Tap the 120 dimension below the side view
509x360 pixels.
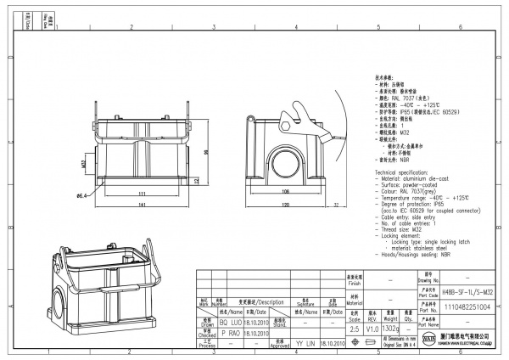(x=286, y=205)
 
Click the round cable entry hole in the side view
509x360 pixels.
(x=286, y=160)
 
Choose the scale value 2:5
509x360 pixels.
(x=354, y=328)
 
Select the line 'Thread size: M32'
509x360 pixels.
(x=406, y=228)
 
